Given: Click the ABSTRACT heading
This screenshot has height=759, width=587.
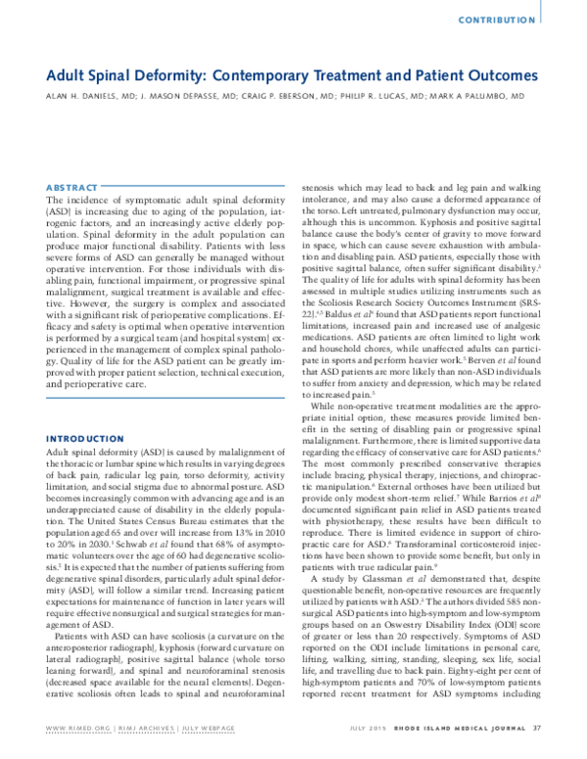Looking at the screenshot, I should coord(71,186).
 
